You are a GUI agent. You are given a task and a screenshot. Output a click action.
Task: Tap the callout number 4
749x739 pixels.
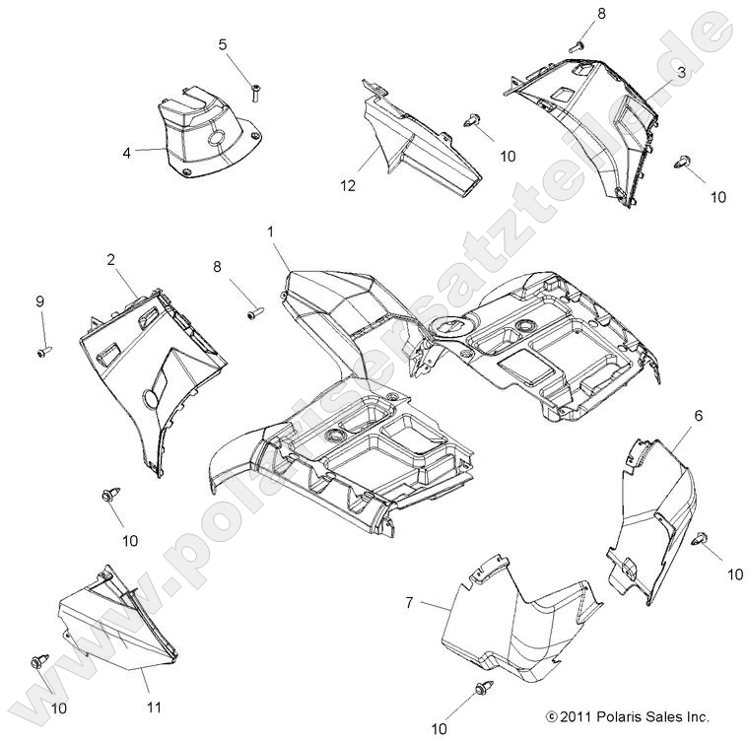point(127,152)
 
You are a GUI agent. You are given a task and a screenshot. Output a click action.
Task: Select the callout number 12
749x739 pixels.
point(348,184)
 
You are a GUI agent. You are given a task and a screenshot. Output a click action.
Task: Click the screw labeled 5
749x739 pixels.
point(254,94)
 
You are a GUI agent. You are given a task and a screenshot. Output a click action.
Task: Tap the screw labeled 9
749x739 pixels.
point(43,352)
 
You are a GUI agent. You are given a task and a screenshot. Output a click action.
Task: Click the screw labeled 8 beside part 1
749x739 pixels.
point(253,313)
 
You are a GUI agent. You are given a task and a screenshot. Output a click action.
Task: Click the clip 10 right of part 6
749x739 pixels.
point(701,538)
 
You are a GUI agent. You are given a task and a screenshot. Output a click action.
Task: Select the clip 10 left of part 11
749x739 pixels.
point(39,684)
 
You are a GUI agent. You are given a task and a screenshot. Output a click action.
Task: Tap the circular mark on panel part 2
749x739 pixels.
point(151,399)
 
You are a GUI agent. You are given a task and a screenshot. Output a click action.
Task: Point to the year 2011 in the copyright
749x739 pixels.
point(577,717)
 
